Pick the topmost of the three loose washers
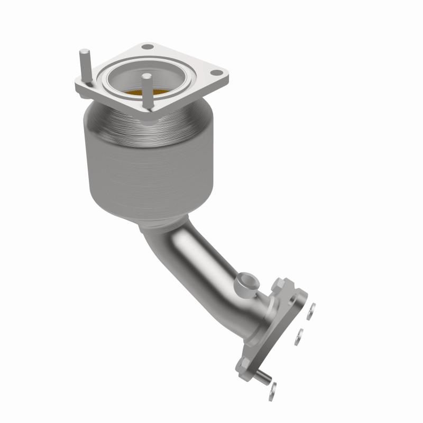(x=312, y=310)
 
